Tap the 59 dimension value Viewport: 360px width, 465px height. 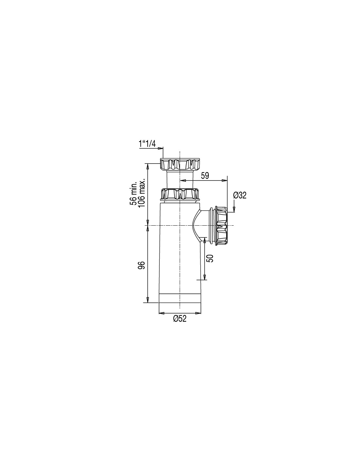[x=205, y=176]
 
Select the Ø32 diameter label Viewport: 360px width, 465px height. [x=240, y=195]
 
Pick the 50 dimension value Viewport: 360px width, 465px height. [x=210, y=258]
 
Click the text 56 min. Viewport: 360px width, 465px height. [x=134, y=194]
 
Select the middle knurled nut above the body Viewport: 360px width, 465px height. [x=180, y=193]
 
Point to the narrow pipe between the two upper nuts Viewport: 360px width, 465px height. [x=180, y=179]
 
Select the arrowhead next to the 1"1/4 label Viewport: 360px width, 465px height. [x=160, y=148]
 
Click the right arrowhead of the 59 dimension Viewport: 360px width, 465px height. [x=225, y=181]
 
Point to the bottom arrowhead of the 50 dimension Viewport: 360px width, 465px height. [x=205, y=277]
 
